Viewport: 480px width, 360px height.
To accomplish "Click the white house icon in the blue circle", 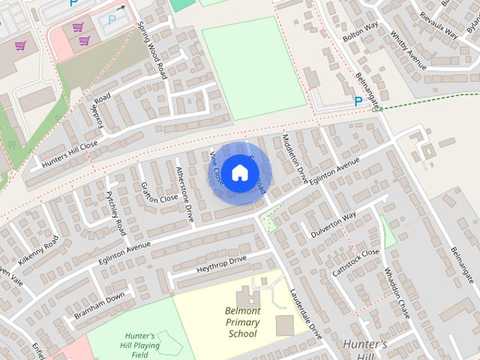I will pyautogui.click(x=238, y=172).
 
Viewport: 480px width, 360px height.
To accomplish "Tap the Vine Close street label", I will pyautogui.click(x=217, y=168).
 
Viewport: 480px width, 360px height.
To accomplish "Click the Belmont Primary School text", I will pyautogui.click(x=242, y=322).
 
